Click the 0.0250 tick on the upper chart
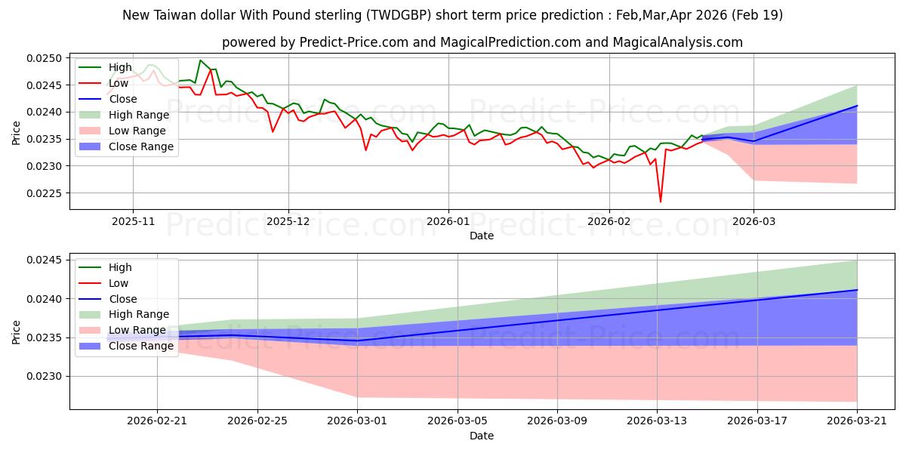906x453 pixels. click(x=45, y=58)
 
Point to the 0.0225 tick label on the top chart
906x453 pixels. click(x=45, y=193)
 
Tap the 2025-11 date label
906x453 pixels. click(x=133, y=222)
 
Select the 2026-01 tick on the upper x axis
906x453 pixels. click(x=448, y=222)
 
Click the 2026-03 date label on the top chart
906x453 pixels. click(x=754, y=222)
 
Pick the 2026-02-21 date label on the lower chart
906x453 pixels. click(x=157, y=421)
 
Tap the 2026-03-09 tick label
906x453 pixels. click(x=557, y=421)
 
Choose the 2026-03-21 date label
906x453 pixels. click(x=857, y=421)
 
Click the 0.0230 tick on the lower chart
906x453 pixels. click(x=45, y=377)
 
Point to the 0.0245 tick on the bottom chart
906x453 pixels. click(x=45, y=260)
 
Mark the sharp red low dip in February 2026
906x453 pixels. click(x=661, y=202)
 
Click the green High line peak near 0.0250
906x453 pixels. click(x=200, y=60)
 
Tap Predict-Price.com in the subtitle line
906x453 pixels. click(x=354, y=42)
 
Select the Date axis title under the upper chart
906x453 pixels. click(x=482, y=236)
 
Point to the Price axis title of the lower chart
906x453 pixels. click(x=16, y=332)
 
